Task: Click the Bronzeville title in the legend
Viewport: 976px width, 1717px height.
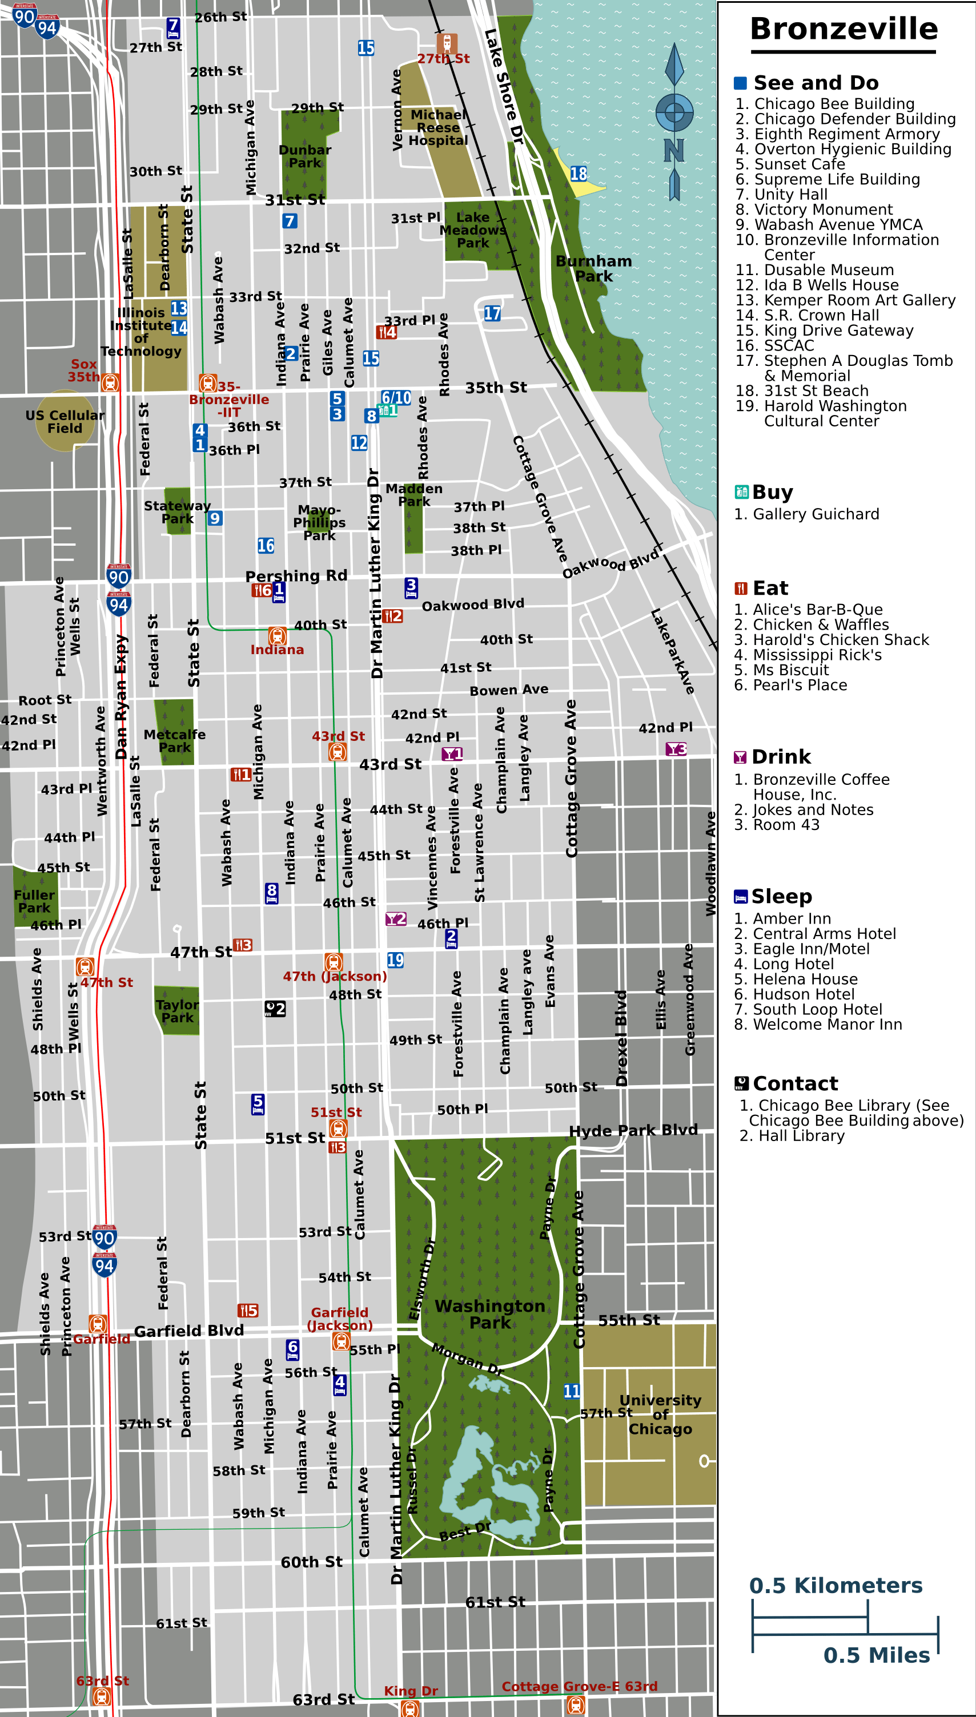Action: pyautogui.click(x=844, y=29)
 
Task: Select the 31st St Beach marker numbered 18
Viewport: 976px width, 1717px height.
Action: pyautogui.click(x=579, y=174)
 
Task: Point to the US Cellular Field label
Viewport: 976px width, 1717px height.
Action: pyautogui.click(x=65, y=421)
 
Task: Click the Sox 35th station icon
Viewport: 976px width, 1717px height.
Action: pyautogui.click(x=111, y=382)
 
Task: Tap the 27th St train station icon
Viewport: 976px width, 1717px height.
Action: pyautogui.click(x=447, y=43)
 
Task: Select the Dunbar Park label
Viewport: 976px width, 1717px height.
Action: pyautogui.click(x=305, y=156)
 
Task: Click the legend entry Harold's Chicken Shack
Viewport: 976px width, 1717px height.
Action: pyautogui.click(x=841, y=640)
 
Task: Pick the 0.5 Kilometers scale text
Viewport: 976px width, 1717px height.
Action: pyautogui.click(x=836, y=1586)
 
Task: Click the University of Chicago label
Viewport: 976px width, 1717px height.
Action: pyautogui.click(x=660, y=1414)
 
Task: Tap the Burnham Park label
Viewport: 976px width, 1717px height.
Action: pyautogui.click(x=593, y=268)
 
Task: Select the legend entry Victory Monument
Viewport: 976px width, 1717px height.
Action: pyautogui.click(x=823, y=209)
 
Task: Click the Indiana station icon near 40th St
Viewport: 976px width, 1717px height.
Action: pyautogui.click(x=278, y=635)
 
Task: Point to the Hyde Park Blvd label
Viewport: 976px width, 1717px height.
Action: pyautogui.click(x=633, y=1130)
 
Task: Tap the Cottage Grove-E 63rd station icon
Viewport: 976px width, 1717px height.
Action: pyautogui.click(x=575, y=1704)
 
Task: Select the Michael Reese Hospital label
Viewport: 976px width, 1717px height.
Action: pyautogui.click(x=439, y=127)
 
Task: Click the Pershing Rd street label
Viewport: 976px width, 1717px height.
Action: pyautogui.click(x=296, y=576)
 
